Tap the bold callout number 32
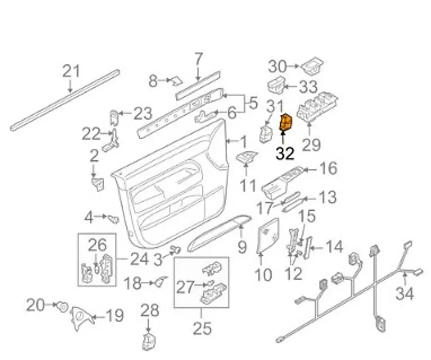click(x=285, y=153)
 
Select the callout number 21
click(x=72, y=71)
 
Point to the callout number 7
click(x=198, y=59)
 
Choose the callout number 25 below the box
click(x=202, y=328)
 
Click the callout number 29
click(x=311, y=144)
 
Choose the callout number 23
click(x=143, y=114)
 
